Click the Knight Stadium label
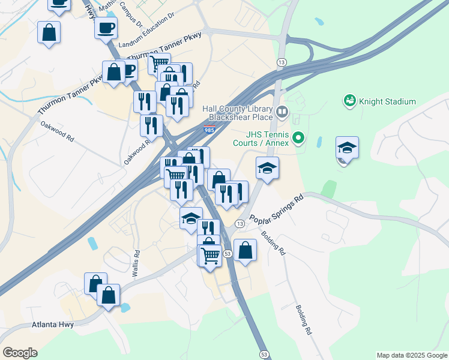[x=387, y=101]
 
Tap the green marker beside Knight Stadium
[x=349, y=101]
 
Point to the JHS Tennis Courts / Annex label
[x=262, y=139]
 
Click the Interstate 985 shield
[x=209, y=130]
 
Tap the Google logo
[x=20, y=353]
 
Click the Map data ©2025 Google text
[x=412, y=355]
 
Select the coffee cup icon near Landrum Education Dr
[x=106, y=28]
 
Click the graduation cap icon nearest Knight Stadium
[x=347, y=148]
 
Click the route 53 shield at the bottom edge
[x=264, y=355]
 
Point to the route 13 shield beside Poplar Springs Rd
[x=240, y=224]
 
